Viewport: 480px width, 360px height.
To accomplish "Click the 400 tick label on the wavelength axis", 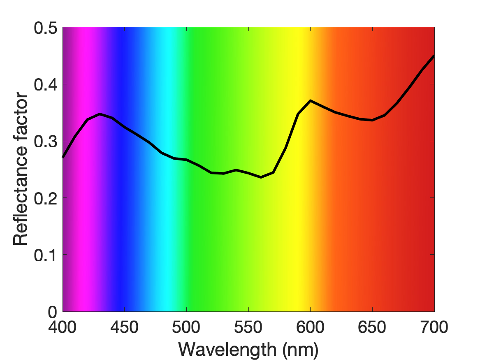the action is coord(62,327).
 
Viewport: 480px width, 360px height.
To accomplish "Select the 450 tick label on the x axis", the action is coord(124,327).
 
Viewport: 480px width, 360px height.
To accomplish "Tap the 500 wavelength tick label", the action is coord(186,327).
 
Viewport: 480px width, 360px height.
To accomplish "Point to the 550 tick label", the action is coord(248,327).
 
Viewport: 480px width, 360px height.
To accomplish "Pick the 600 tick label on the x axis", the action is coord(310,327).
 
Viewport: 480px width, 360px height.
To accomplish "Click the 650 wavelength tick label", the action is coord(372,327).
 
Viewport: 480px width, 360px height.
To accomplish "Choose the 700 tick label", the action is coord(434,327).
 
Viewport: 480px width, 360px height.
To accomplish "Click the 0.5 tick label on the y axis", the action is coord(46,28).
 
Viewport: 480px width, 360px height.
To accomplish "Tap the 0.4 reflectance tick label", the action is coord(46,85).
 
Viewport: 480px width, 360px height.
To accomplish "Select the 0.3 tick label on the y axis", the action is coord(46,142).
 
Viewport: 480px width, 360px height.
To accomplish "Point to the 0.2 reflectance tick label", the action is coord(46,198).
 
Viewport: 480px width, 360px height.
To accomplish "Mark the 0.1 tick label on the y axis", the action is coord(46,255).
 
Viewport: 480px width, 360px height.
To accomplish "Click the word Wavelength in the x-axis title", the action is coord(227,350).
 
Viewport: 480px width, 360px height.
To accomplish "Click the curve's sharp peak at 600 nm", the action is coord(311,100).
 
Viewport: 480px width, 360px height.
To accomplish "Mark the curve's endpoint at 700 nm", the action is coord(434,56).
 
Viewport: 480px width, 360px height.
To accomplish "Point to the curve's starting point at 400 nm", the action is coord(63,157).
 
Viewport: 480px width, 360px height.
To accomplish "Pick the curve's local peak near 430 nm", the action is coord(100,114).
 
